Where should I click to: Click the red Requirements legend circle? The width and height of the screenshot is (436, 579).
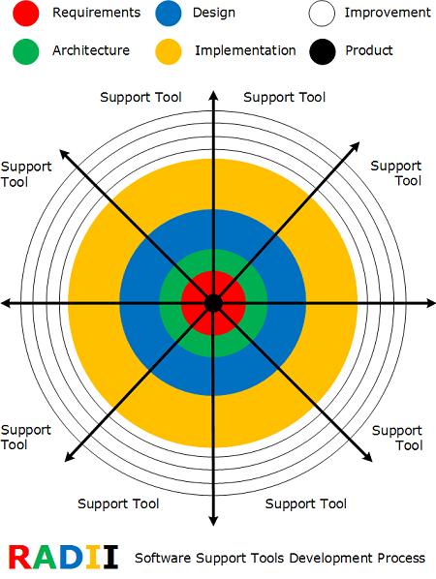(x=26, y=14)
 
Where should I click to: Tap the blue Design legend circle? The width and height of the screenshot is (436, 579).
(x=169, y=14)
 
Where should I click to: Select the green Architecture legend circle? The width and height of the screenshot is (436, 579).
(x=26, y=51)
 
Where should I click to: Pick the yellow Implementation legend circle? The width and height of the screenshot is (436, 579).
(x=169, y=51)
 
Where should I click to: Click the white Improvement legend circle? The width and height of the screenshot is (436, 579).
(x=322, y=14)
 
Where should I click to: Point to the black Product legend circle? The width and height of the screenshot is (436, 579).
(x=323, y=51)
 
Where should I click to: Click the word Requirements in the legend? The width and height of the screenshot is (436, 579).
(x=97, y=13)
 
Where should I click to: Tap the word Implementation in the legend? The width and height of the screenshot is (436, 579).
(x=245, y=50)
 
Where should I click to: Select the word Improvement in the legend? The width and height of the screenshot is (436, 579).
(x=388, y=13)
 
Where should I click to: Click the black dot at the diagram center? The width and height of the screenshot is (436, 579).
(x=213, y=303)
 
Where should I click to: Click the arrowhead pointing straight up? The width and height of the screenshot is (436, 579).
(x=213, y=95)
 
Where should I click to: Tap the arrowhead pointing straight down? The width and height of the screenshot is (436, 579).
(x=213, y=521)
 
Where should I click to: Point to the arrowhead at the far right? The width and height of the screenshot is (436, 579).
(x=431, y=303)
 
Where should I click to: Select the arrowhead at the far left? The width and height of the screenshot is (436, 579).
(x=6, y=303)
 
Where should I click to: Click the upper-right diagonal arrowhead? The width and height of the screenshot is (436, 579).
(x=355, y=147)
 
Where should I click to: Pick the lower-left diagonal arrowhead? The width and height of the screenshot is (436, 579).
(x=70, y=456)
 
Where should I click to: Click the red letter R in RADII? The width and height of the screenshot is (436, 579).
(x=21, y=557)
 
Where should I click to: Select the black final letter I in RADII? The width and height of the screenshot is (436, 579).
(x=110, y=557)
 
